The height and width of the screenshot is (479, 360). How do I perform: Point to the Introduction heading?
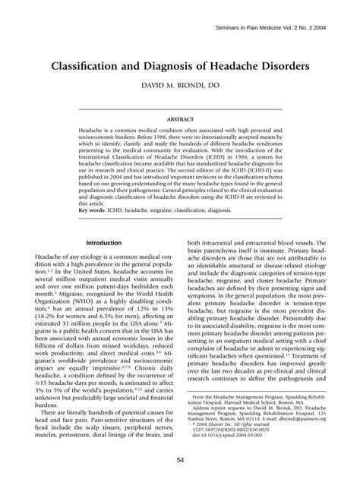click(106, 243)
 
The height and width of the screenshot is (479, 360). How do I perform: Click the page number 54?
click(180, 461)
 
